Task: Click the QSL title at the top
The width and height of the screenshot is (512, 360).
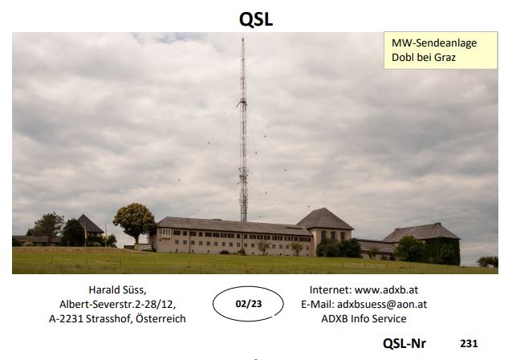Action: coord(256,19)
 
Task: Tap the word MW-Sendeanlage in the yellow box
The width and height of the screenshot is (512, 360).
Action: coord(434,43)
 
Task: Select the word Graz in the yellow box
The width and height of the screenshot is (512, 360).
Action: coord(445,58)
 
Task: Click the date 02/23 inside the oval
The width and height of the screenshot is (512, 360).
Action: coord(249,304)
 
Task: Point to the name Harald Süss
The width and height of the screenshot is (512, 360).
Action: coord(117,289)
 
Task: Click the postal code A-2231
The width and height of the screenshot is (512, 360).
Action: coord(66,318)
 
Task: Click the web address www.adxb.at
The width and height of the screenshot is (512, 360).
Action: coord(386,289)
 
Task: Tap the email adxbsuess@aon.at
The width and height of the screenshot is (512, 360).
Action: coord(382,304)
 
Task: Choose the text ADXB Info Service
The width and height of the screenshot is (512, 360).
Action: coord(364,318)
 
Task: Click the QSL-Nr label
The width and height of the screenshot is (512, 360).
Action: coord(404,343)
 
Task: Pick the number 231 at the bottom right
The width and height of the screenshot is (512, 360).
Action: coord(469,343)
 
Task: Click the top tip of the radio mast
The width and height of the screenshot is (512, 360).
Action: coord(242,38)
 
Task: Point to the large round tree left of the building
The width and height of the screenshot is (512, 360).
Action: coord(134,220)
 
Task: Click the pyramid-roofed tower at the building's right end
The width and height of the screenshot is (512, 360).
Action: coord(324,229)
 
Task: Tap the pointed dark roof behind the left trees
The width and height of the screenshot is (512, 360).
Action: coord(89,224)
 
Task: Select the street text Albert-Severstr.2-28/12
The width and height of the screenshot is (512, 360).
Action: coord(117,304)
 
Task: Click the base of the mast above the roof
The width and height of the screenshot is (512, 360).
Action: coord(244,220)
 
